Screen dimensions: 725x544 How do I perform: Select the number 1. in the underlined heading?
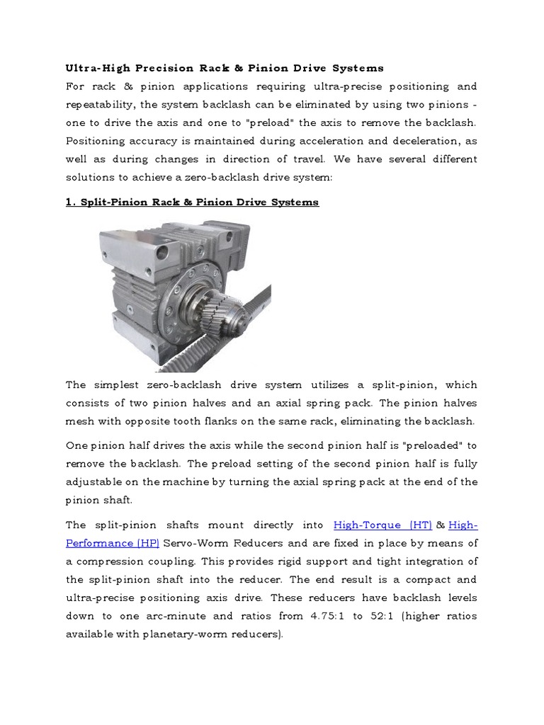pos(71,202)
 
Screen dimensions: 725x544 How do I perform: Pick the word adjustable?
pos(97,482)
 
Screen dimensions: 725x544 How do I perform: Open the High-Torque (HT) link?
pos(382,525)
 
